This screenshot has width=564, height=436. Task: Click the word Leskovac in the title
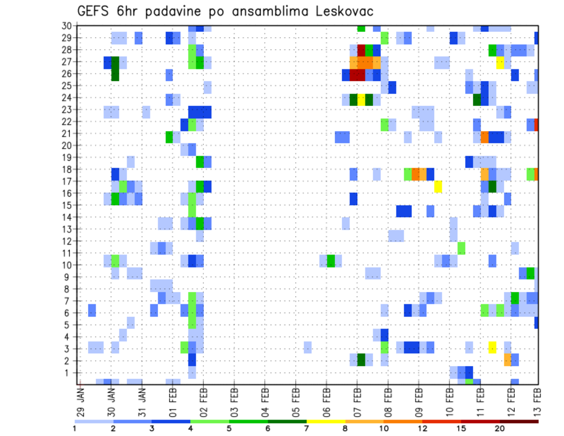click(x=341, y=12)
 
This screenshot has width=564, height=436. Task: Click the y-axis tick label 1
click(x=69, y=373)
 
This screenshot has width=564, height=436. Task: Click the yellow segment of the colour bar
click(x=325, y=421)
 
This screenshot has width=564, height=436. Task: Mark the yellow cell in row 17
click(x=438, y=187)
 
